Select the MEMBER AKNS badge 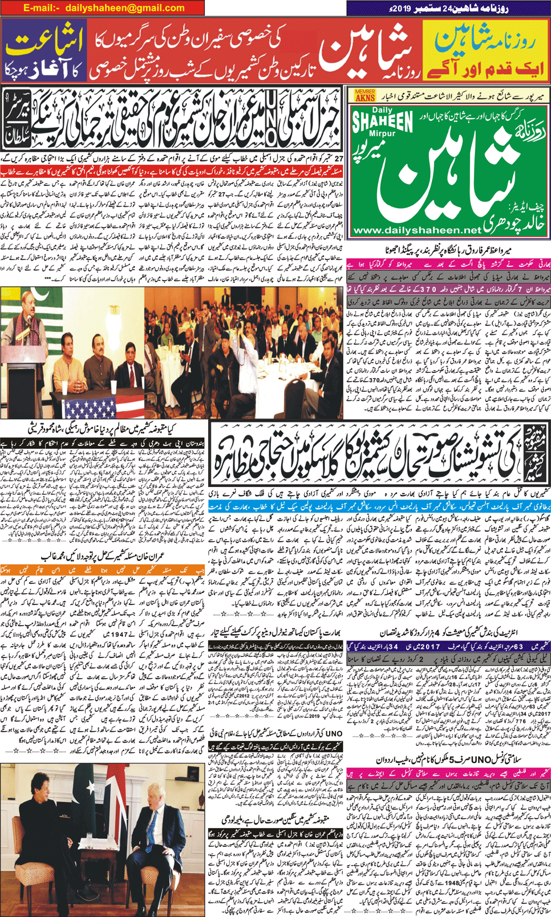point(365,95)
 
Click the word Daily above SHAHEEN point(382,109)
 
